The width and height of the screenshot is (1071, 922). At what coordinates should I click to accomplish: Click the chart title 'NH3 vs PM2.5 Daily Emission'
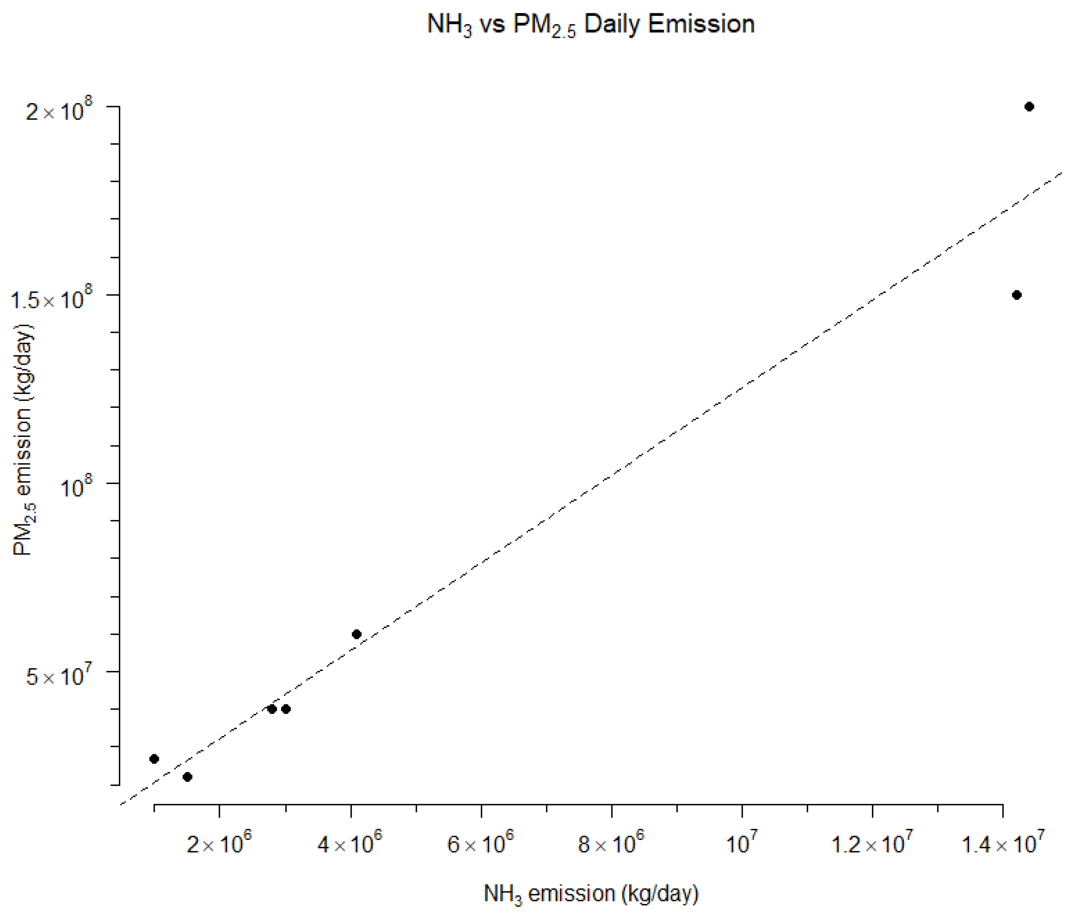coord(591,25)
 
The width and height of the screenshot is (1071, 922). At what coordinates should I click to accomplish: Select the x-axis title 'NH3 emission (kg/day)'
coord(591,893)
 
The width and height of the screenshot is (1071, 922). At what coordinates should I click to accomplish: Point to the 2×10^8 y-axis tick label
coord(59,110)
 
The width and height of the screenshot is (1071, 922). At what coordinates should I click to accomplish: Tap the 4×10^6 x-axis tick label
coord(350,844)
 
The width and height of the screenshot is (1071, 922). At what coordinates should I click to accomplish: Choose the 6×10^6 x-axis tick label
coord(481,844)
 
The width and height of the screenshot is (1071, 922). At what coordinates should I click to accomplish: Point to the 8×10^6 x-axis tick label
coord(611,844)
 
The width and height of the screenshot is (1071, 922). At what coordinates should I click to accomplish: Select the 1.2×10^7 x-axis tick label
coord(872,844)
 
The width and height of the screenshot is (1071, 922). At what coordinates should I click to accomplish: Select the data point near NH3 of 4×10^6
coord(356,634)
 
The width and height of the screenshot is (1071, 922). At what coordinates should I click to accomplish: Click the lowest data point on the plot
coord(188,777)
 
